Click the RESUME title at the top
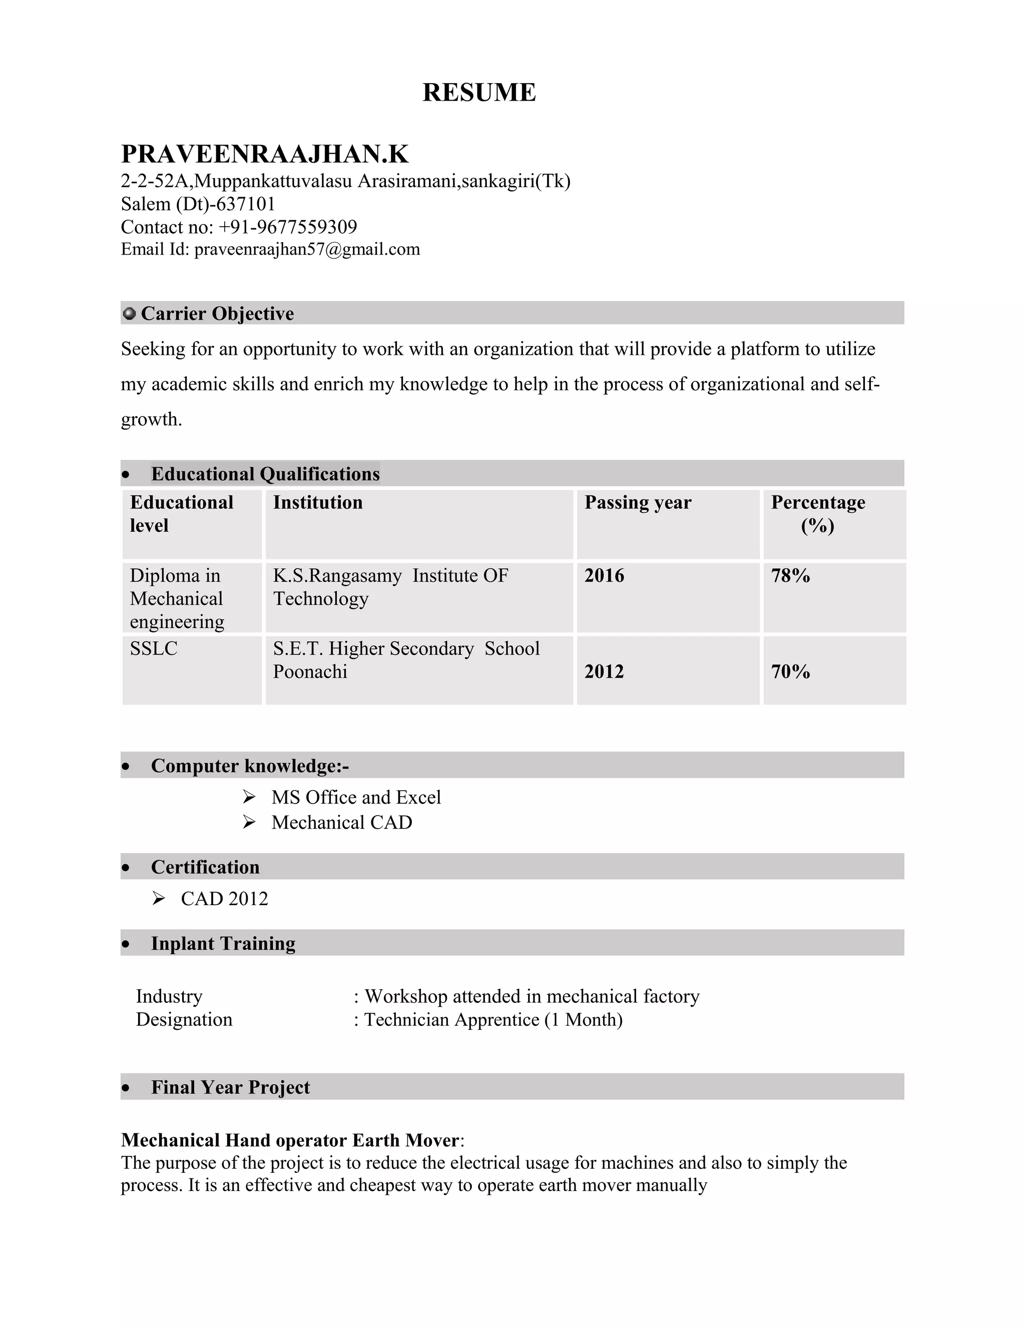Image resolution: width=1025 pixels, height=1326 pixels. [478, 92]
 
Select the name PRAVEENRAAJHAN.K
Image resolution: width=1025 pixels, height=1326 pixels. [265, 154]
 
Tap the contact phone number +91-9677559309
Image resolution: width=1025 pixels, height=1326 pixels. [287, 227]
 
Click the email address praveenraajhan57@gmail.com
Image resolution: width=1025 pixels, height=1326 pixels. [307, 250]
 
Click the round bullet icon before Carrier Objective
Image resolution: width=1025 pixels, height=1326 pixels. [129, 313]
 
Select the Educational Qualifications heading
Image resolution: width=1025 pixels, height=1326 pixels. [265, 473]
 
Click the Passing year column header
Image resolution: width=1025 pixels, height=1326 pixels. [638, 503]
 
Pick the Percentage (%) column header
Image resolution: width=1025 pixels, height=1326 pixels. [817, 514]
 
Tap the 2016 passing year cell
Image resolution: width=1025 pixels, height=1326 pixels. [604, 575]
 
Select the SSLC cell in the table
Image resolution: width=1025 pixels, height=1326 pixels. [154, 648]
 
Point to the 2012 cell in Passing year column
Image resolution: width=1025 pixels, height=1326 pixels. [604, 672]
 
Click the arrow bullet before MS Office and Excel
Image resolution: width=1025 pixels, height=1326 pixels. [249, 797]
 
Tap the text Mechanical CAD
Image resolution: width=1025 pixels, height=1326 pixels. [341, 822]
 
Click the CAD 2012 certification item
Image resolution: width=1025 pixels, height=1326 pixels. [224, 899]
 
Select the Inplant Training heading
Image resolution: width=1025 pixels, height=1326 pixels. [223, 944]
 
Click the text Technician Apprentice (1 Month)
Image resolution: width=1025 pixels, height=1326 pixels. [493, 1019]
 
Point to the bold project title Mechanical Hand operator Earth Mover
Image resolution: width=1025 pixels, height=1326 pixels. [290, 1140]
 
